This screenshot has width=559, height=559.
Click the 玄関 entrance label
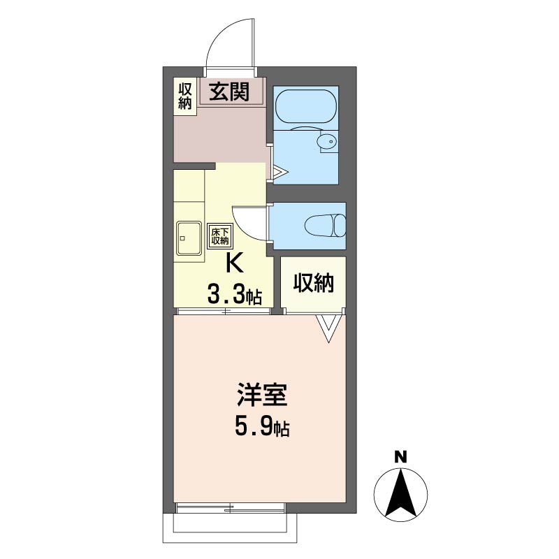[x=229, y=92]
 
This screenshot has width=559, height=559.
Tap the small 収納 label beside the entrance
[x=185, y=96]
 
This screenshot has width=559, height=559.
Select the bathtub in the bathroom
[x=305, y=107]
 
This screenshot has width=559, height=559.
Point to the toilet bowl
[x=325, y=225]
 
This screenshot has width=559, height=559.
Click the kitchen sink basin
[x=189, y=238]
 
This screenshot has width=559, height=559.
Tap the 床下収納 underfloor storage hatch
[x=220, y=235]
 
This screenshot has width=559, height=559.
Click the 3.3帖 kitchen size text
[x=234, y=295]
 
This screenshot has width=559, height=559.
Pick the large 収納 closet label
[x=313, y=283]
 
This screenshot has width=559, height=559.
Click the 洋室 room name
[x=262, y=395]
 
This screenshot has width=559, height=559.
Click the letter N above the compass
[x=400, y=457]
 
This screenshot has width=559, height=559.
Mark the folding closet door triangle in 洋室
[x=328, y=328]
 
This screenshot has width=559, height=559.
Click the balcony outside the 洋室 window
[x=231, y=528]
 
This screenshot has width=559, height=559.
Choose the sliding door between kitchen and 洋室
[x=224, y=311]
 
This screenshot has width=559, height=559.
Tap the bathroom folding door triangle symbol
[x=280, y=172]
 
